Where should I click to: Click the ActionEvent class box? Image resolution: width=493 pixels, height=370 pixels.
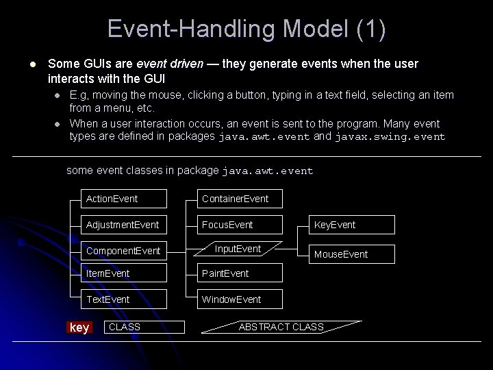point(123,199)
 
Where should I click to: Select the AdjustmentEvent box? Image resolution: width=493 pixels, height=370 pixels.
point(123,225)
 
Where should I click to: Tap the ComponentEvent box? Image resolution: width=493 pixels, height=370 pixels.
point(123,251)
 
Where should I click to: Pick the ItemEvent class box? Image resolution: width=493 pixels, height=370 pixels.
point(123,273)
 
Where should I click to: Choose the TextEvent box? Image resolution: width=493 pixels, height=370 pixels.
point(123,299)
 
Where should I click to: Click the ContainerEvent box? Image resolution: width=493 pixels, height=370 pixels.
point(239,199)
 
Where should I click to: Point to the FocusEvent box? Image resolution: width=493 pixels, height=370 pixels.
point(239,225)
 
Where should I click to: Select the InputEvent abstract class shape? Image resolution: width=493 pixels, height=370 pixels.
point(238,249)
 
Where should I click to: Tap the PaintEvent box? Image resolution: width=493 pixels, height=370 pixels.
point(239,273)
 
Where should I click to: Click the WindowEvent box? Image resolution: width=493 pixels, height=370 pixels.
point(239,299)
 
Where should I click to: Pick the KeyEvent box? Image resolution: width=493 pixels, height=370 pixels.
point(352,225)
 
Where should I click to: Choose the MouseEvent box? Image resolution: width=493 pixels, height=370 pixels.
point(352,254)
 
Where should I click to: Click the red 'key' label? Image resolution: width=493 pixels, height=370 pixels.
point(79,328)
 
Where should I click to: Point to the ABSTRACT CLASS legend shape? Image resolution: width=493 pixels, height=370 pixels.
point(281,327)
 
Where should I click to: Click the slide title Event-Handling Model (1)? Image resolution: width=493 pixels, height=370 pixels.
point(246,29)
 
